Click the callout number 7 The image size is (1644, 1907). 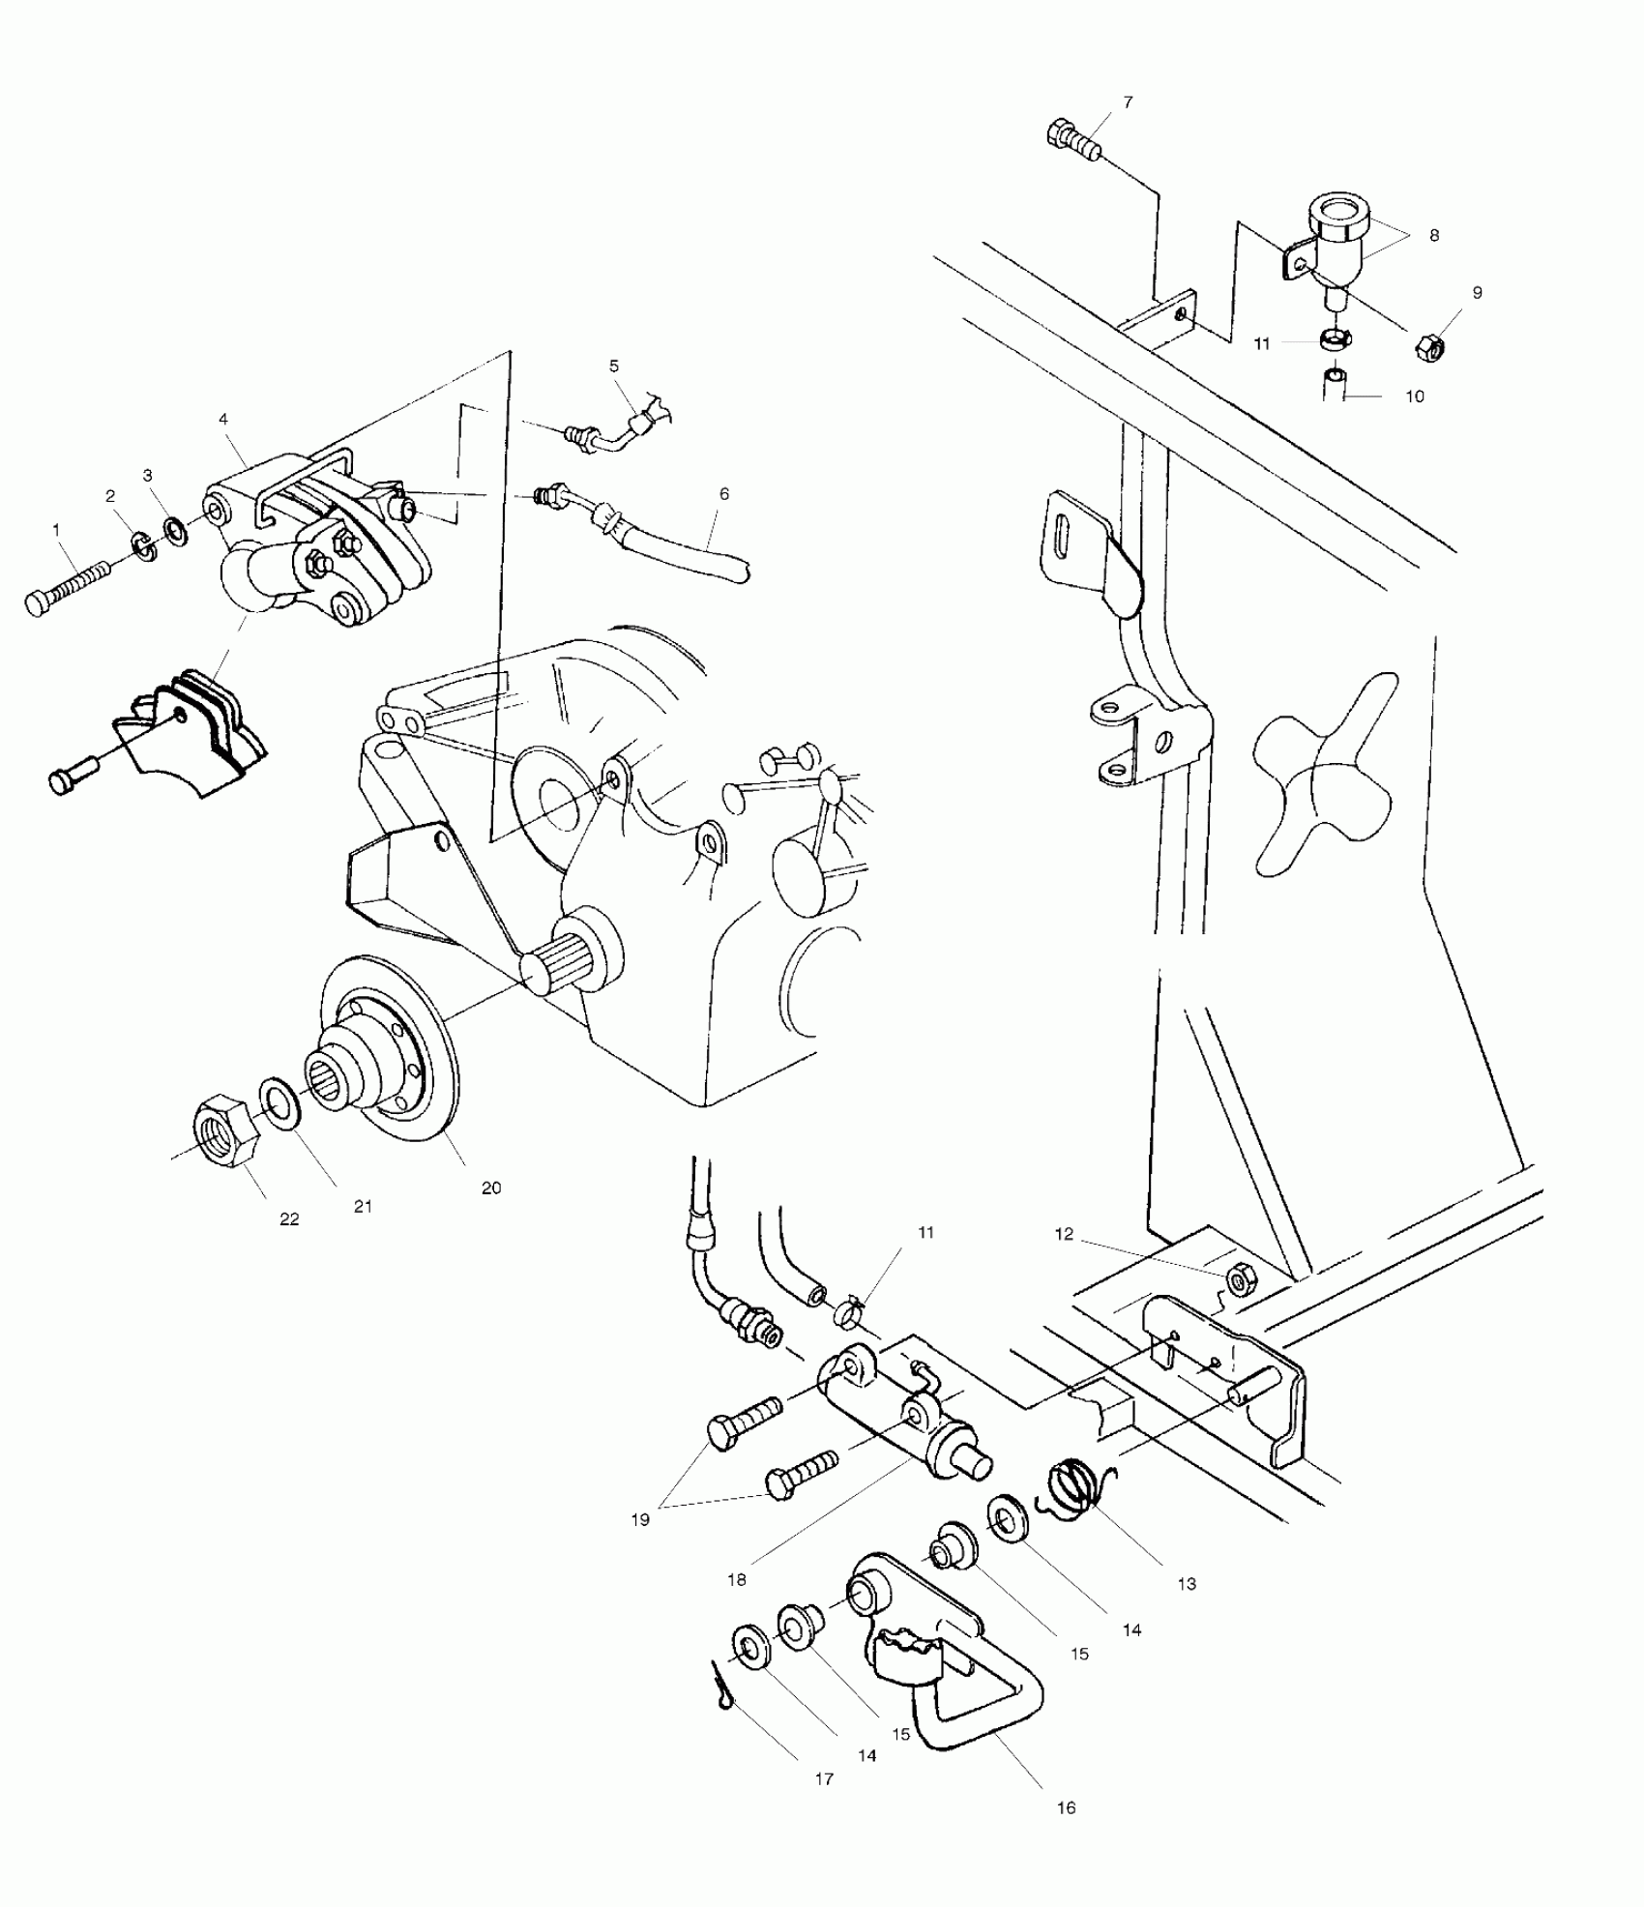click(1128, 103)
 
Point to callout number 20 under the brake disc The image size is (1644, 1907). click(491, 1188)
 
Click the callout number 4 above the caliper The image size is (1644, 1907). click(223, 420)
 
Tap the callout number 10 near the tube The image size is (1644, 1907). click(1414, 396)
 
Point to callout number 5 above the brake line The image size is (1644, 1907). click(614, 367)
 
